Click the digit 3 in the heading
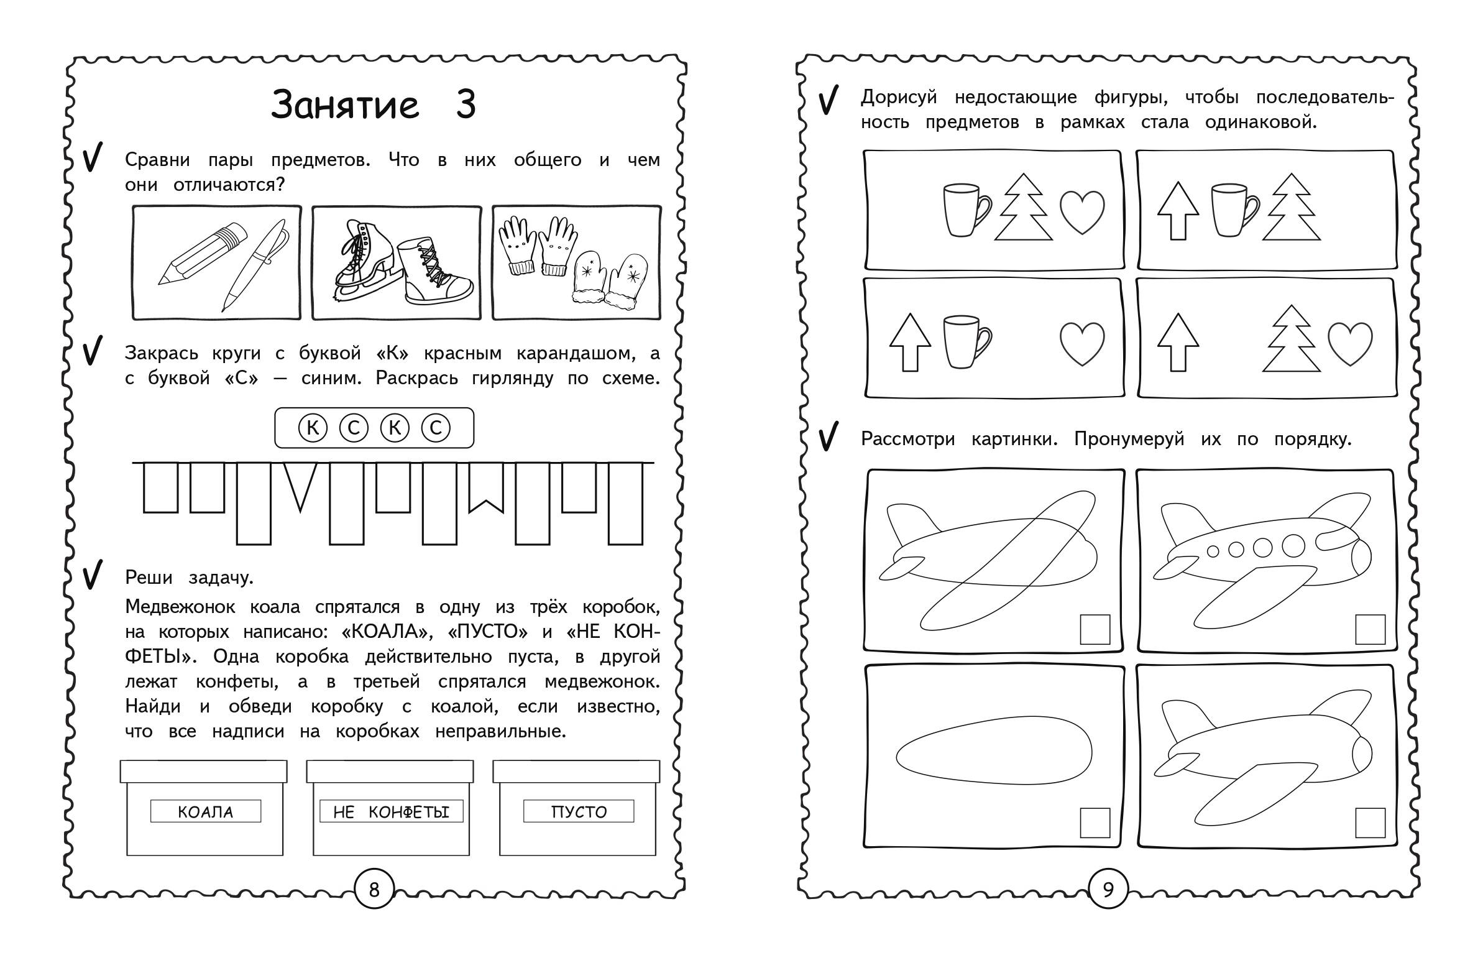pyautogui.click(x=466, y=104)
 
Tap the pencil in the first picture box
pyautogui.click(x=203, y=254)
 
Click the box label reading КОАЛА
pyautogui.click(x=206, y=811)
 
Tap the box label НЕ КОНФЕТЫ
pyautogui.click(x=392, y=811)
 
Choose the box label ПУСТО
pyautogui.click(x=579, y=811)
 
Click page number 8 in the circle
pyautogui.click(x=374, y=889)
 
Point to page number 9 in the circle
pyautogui.click(x=1107, y=889)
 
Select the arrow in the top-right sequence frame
pyautogui.click(x=1178, y=210)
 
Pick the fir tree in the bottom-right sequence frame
pyautogui.click(x=1292, y=338)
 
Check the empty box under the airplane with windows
pyautogui.click(x=1371, y=630)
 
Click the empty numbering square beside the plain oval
pyautogui.click(x=1095, y=823)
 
